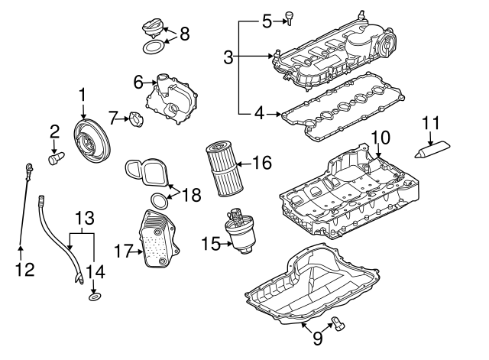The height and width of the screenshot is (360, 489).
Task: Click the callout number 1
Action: point(83,95)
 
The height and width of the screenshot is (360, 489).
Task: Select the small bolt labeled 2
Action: point(55,158)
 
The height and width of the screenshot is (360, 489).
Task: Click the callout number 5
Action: point(266,21)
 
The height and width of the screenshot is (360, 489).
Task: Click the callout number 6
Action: point(138,82)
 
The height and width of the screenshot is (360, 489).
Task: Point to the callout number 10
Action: point(380,138)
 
